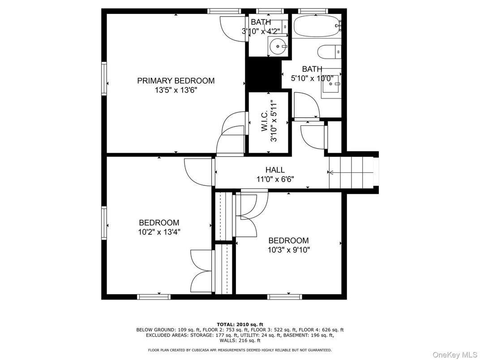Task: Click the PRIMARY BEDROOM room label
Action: coord(176,81)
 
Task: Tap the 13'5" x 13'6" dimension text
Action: coord(176,90)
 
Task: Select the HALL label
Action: coord(275,170)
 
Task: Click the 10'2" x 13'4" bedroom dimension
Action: coord(159,232)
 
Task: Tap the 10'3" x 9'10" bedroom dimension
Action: coord(288,250)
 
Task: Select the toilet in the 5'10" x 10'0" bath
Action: coord(329,52)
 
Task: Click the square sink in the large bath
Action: coord(331,83)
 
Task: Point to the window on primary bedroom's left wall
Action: coord(104,79)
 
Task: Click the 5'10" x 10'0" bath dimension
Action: coord(312,77)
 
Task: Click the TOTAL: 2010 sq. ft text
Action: coord(240,324)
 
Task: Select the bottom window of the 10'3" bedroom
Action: coord(285,296)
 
